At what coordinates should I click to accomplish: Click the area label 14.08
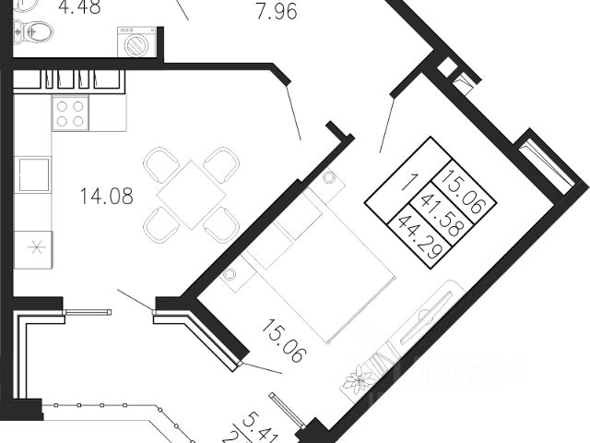(107, 196)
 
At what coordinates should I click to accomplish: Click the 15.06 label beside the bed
(283, 341)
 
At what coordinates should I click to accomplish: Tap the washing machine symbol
(136, 43)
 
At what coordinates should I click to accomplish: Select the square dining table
(192, 193)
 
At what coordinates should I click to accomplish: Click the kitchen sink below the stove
(34, 174)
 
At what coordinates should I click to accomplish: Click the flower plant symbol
(358, 378)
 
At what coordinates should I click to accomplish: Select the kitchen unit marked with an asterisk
(34, 248)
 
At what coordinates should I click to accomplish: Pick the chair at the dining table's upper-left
(162, 165)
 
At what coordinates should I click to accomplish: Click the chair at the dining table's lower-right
(221, 223)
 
